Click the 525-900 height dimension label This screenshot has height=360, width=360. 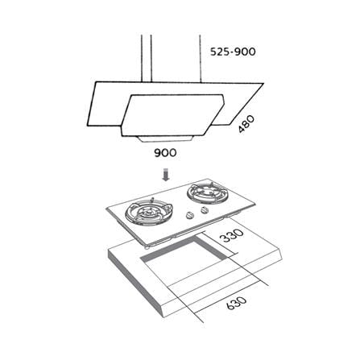coord(233,52)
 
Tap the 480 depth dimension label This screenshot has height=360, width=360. coord(246,124)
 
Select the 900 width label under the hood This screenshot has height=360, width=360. coord(165,153)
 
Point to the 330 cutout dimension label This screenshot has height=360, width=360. coord(231,235)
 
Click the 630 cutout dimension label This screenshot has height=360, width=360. coord(236,303)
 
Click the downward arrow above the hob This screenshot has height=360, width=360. coord(166,175)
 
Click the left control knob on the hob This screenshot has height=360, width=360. coord(190,215)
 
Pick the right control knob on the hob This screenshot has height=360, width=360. coord(205,210)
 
